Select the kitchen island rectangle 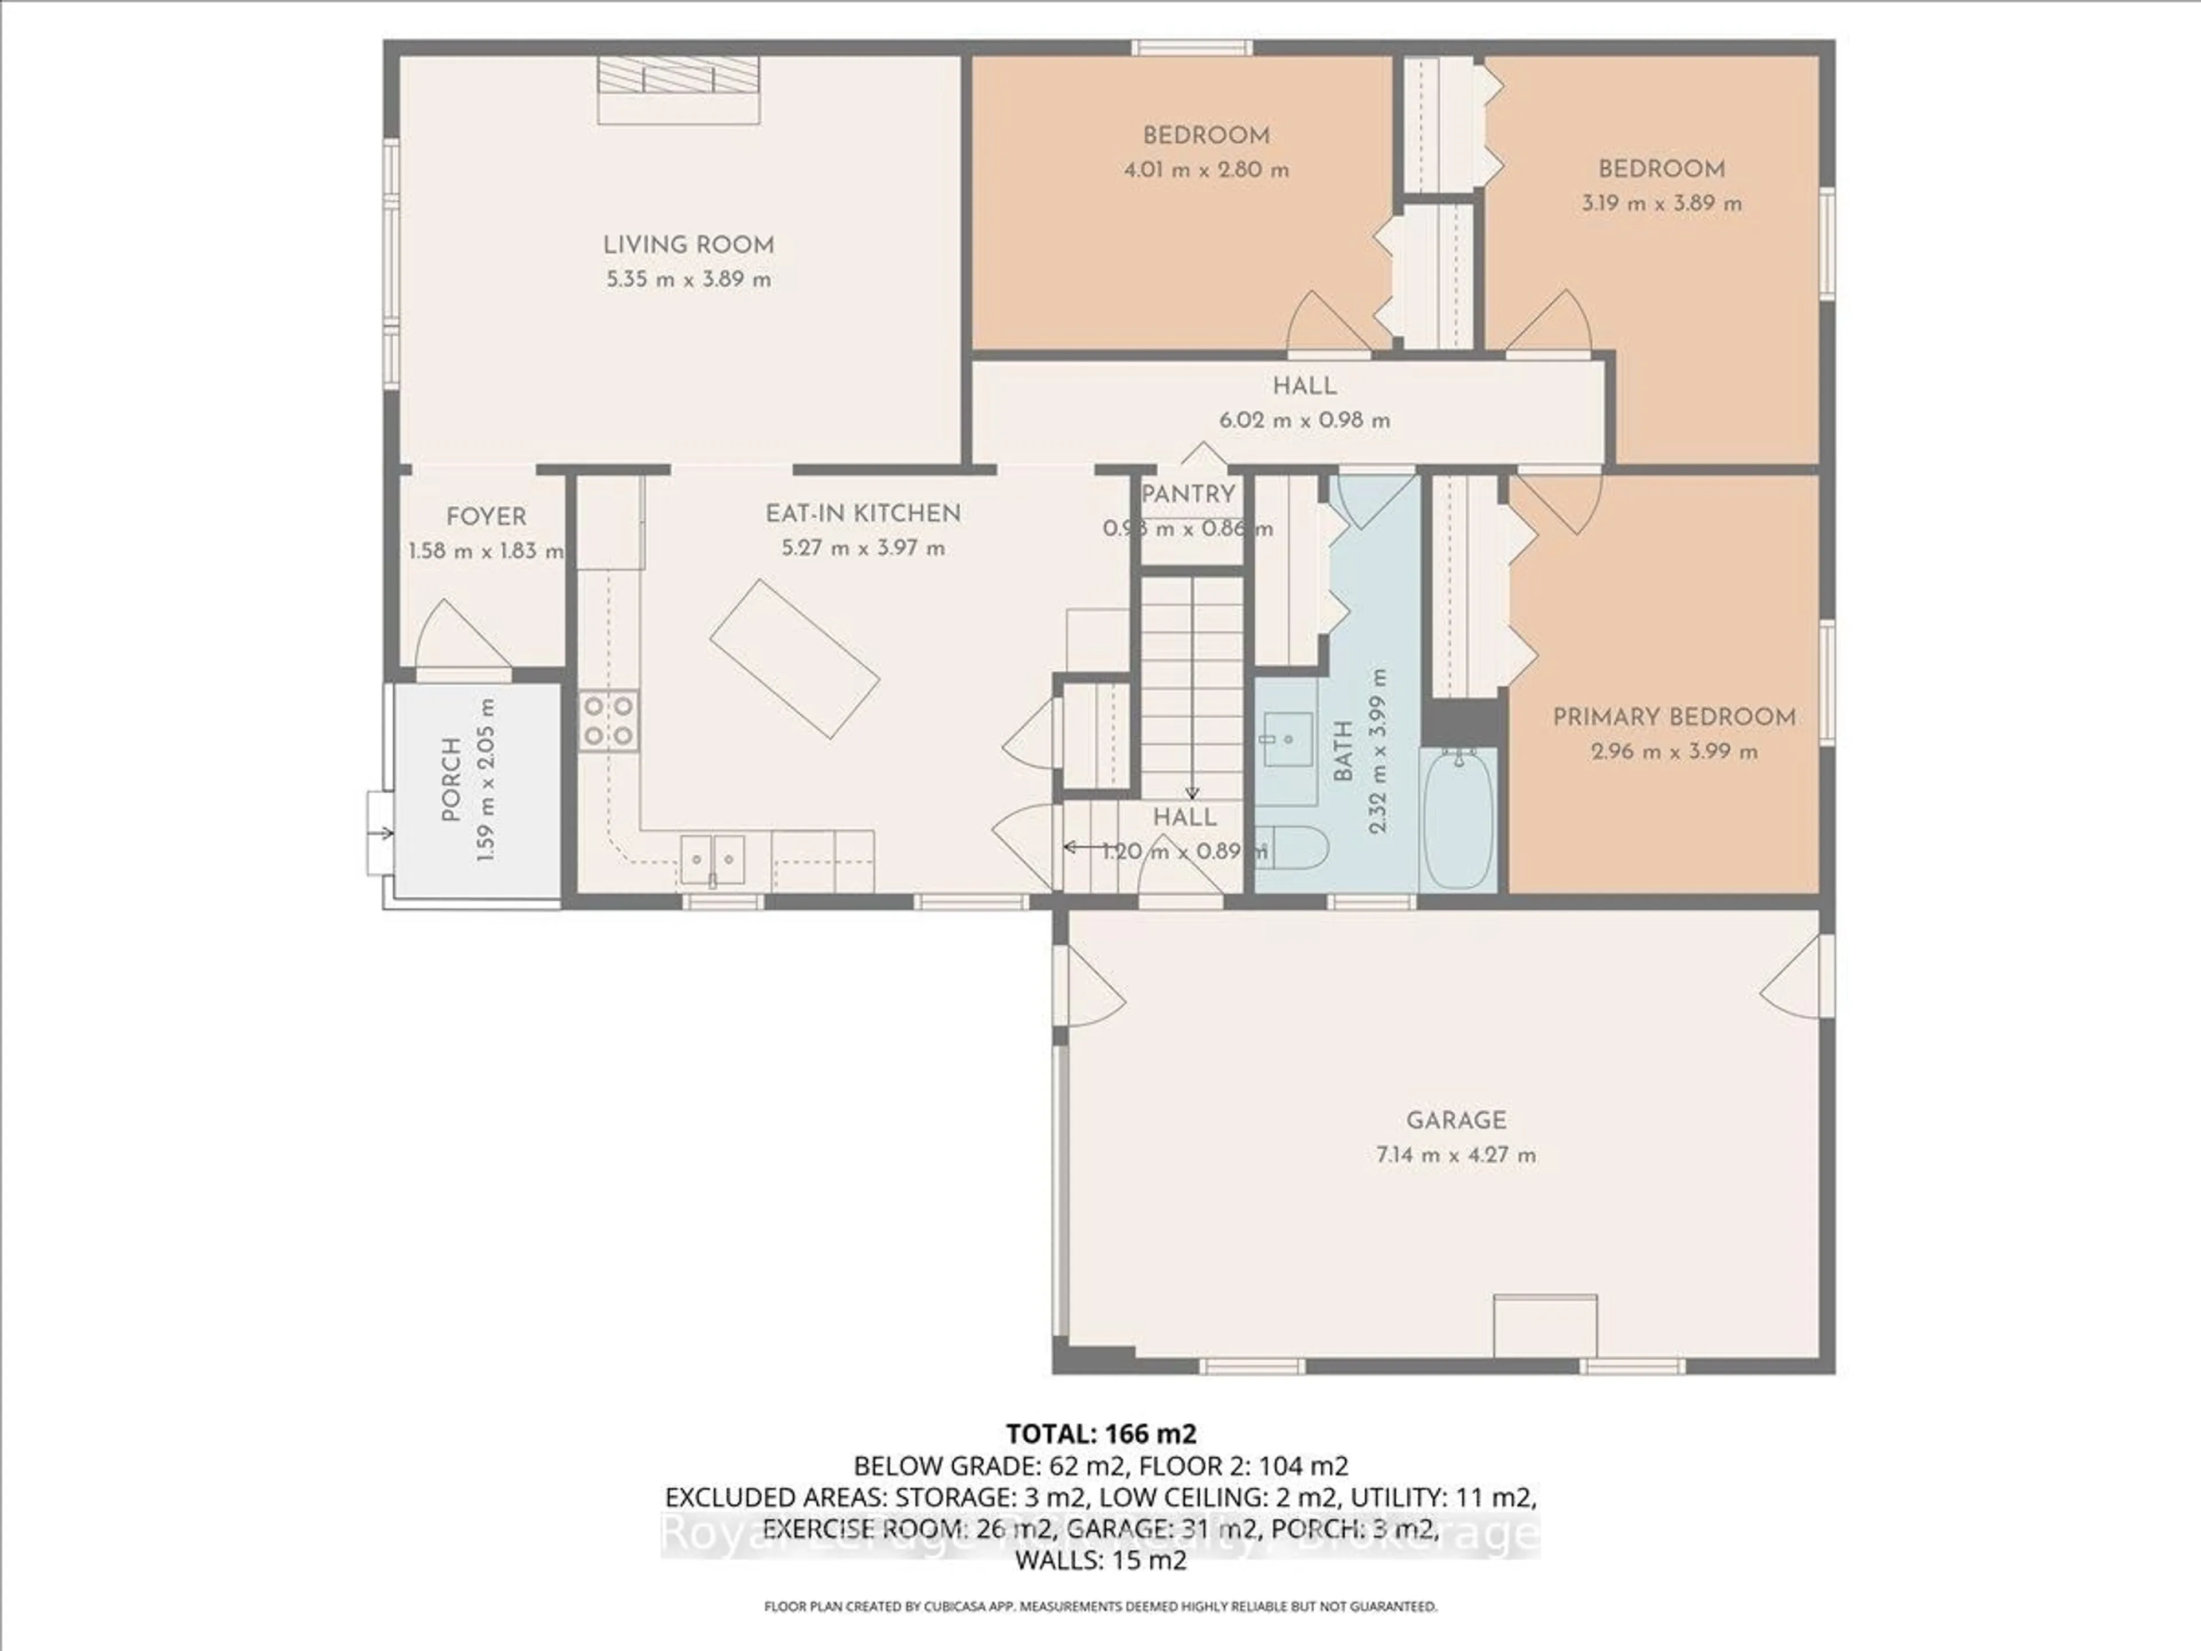click(x=794, y=659)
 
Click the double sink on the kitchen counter click(x=712, y=859)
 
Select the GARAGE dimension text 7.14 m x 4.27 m click(x=1456, y=1155)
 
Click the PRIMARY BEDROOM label click(x=1675, y=717)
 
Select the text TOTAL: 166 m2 click(x=1100, y=1434)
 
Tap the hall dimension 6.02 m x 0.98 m click(x=1305, y=420)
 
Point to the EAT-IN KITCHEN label click(x=863, y=514)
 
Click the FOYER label click(x=485, y=517)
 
